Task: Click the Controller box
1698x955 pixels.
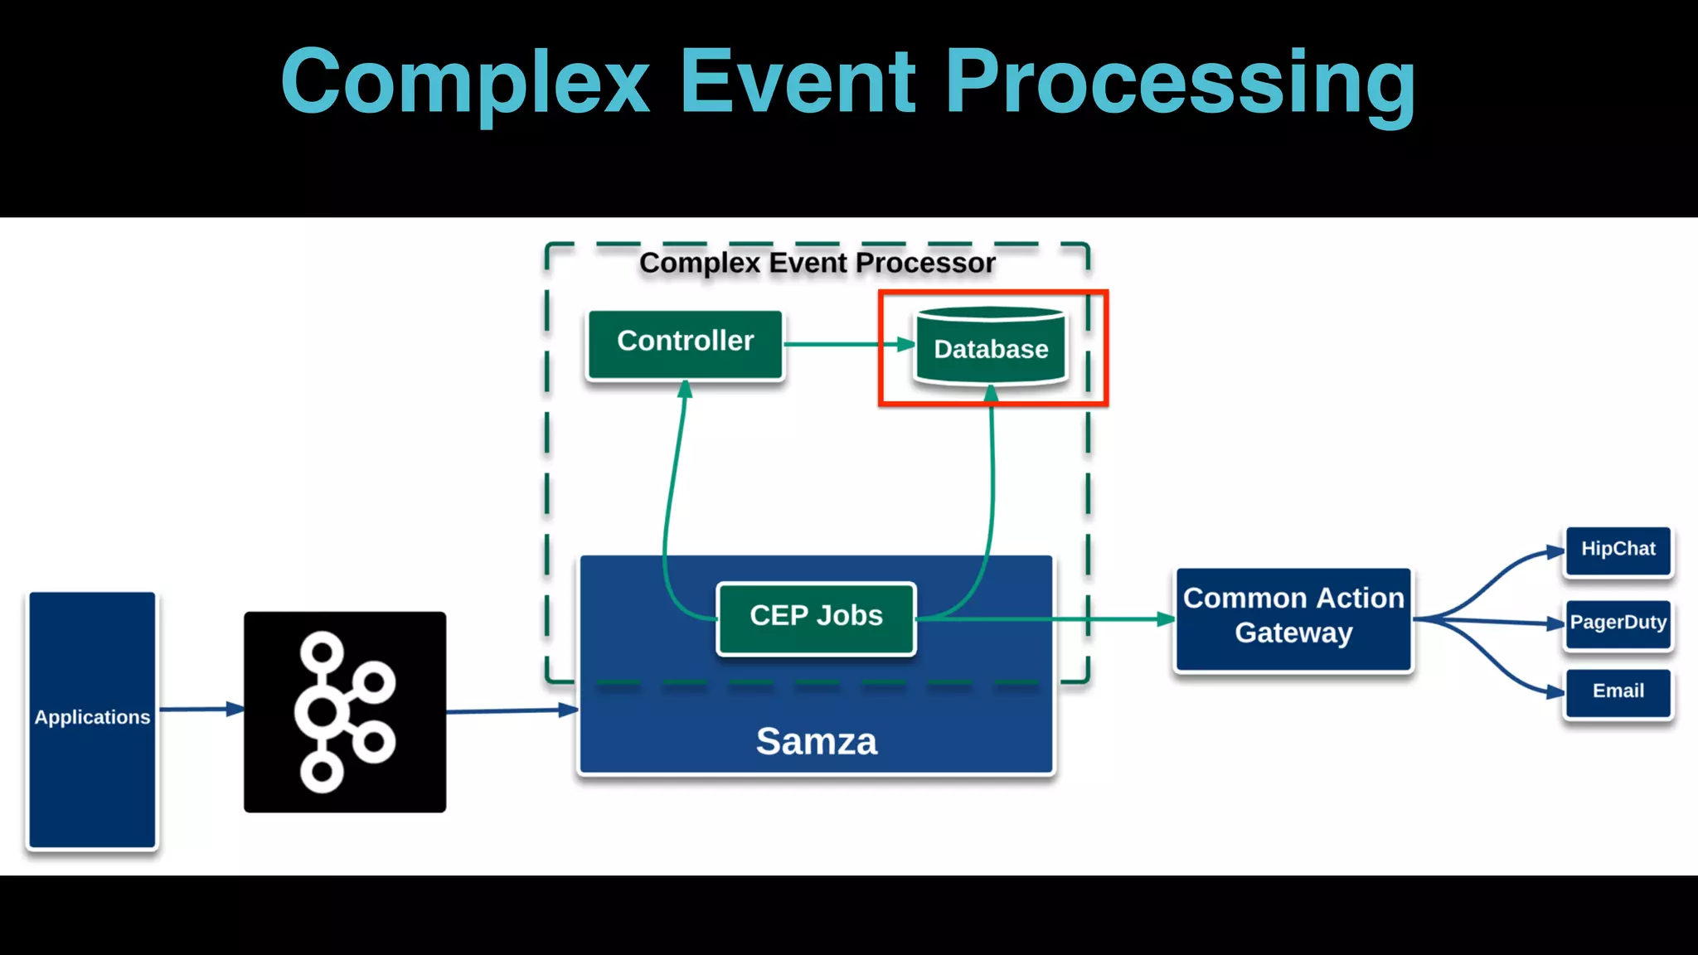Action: coord(685,344)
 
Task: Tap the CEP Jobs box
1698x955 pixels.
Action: coord(816,617)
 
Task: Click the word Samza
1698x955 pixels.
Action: coord(816,740)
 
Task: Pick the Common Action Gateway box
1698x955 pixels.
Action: coord(1293,618)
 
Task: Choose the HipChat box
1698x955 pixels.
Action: coord(1618,550)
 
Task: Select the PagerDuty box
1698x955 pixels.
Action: coord(1618,623)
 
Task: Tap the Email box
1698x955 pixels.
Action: coord(1618,692)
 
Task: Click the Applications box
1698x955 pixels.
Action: coord(92,718)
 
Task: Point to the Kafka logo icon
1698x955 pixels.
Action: coord(345,711)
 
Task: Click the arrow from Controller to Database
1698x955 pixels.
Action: coord(846,344)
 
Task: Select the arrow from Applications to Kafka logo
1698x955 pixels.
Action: coord(199,709)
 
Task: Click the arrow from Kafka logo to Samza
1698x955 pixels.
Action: coord(510,710)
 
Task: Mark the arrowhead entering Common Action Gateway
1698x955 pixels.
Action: coord(1166,618)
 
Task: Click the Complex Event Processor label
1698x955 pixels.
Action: coord(817,263)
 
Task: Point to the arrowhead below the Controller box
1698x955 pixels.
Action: coord(685,390)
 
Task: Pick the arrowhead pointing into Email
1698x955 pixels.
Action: coord(1555,691)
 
